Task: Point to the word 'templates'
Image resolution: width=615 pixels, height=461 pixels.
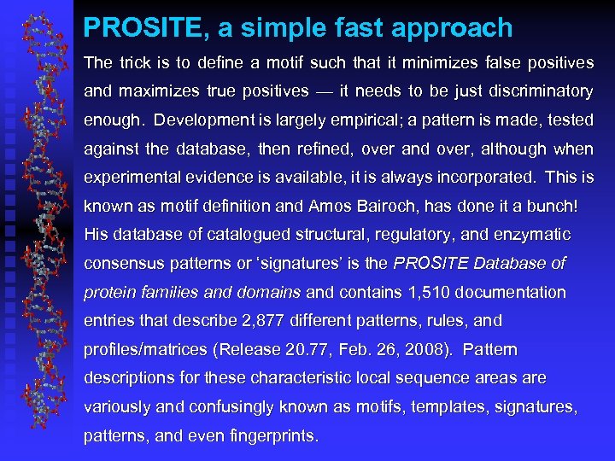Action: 442,407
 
